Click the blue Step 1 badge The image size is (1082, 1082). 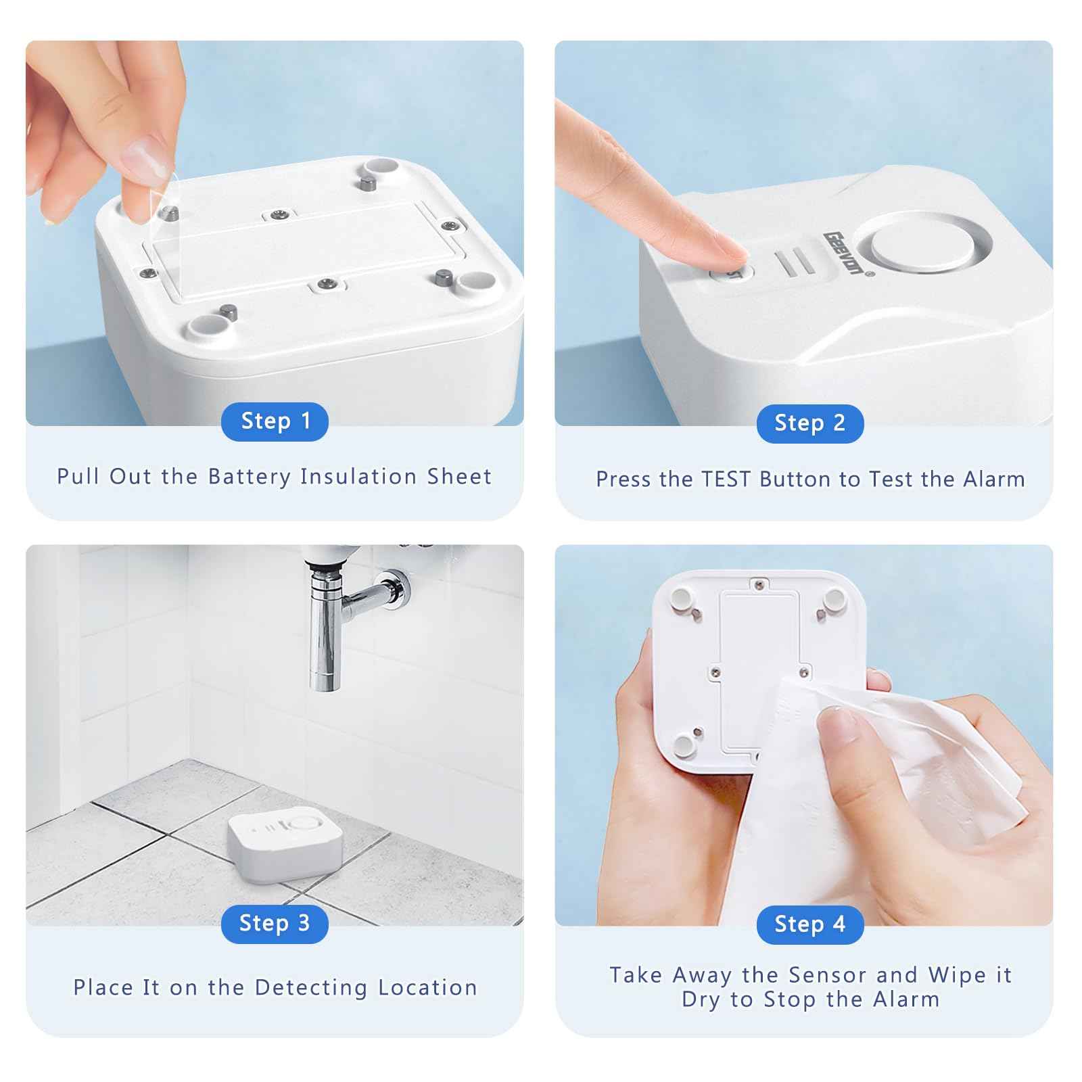[x=275, y=421]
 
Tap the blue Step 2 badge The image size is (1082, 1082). [x=809, y=423]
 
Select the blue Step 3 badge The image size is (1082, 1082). [x=275, y=923]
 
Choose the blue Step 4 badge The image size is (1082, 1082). [x=809, y=924]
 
